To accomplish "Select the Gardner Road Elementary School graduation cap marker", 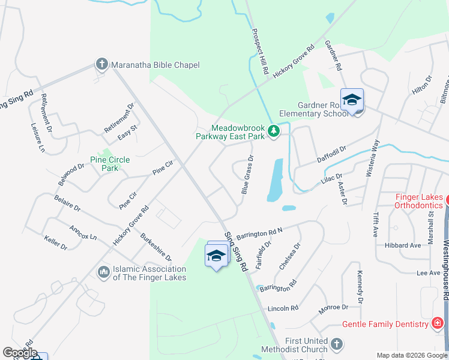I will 352,100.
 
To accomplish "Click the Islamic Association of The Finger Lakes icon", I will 103,272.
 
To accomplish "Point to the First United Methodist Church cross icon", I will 337,344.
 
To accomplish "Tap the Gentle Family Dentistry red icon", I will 438,324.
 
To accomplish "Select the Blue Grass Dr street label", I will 247,175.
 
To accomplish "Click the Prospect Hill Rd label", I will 260,52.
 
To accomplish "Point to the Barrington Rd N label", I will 259,233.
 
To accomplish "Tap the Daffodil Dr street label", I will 332,153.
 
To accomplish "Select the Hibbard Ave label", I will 402,245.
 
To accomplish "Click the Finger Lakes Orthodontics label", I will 418,201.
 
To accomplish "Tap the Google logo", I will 20,353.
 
